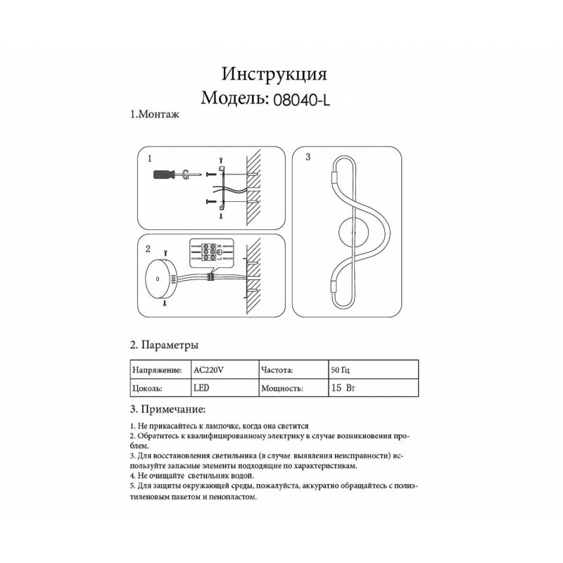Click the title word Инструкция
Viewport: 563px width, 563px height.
274,74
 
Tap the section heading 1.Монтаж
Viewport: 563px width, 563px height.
156,114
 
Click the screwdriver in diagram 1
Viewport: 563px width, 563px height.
167,175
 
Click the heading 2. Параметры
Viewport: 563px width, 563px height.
164,346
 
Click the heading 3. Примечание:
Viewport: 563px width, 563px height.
168,409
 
